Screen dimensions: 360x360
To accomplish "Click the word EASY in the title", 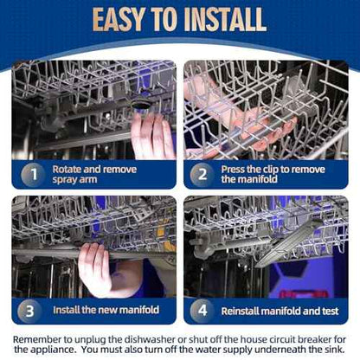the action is tap(119, 19).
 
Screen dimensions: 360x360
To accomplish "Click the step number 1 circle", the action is tap(34, 174).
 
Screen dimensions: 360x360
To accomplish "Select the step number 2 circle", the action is tap(202, 174).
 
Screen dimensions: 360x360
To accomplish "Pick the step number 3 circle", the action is tap(29, 311).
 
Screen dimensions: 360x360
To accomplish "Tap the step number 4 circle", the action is tap(202, 311).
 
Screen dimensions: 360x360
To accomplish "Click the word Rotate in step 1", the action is tap(67, 169).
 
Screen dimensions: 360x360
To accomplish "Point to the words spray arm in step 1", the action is tap(74, 180).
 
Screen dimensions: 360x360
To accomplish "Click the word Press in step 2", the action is tap(233, 169).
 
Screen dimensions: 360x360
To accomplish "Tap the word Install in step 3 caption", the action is tap(66, 310).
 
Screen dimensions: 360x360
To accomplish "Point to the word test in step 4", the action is tap(330, 311).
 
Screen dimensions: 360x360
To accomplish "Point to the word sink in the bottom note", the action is tap(334, 350).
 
